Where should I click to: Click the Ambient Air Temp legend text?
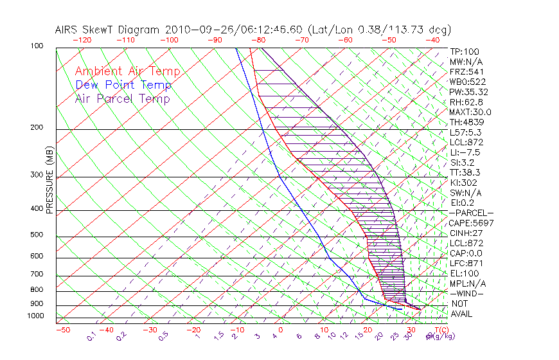point(127,71)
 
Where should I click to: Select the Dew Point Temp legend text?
point(123,85)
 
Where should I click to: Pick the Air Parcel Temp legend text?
point(122,98)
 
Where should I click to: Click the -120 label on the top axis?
point(82,40)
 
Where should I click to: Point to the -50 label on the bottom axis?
point(63,330)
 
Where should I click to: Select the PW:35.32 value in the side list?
point(468,92)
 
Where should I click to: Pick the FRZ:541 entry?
point(466,71)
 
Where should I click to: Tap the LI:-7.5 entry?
point(465,152)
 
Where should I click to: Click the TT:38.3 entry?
point(466,172)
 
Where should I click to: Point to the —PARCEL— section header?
point(471,213)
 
